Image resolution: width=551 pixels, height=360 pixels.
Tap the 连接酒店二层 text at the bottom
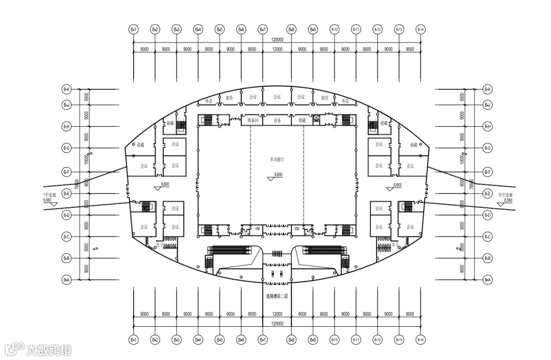(277, 296)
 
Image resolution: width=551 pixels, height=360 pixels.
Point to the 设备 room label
(277, 121)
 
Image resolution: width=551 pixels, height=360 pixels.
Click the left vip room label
(257, 228)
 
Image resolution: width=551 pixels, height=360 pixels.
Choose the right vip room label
(296, 228)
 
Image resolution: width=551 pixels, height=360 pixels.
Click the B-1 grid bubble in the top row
(134, 30)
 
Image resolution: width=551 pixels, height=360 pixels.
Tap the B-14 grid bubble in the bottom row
(420, 339)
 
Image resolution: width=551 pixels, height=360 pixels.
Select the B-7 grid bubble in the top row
(263, 30)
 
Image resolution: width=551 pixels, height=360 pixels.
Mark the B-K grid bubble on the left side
(66, 90)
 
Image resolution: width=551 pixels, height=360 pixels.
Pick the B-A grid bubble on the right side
(488, 280)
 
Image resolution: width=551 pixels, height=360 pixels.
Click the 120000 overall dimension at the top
(277, 39)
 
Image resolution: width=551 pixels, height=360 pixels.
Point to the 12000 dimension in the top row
(277, 49)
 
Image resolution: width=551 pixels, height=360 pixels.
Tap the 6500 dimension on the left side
(87, 97)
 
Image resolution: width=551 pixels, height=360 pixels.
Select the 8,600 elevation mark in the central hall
(278, 175)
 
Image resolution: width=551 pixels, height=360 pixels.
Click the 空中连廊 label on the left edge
(49, 195)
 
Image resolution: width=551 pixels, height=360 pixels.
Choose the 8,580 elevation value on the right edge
(508, 201)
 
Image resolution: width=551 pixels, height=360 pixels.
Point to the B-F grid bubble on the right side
(488, 172)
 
